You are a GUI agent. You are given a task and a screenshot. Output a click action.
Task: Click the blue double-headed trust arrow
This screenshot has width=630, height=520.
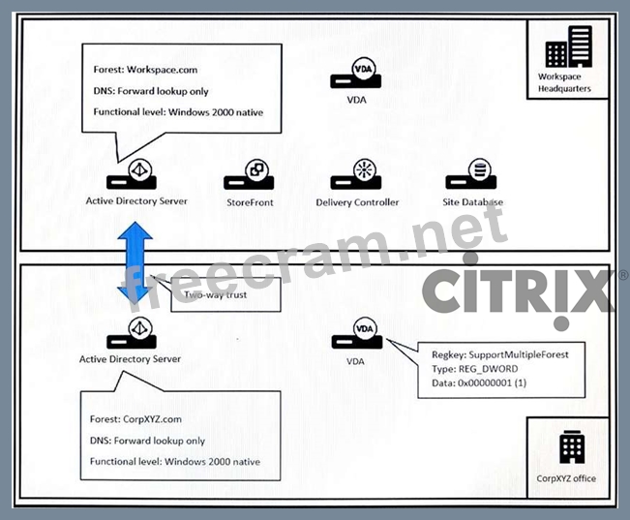click(x=136, y=263)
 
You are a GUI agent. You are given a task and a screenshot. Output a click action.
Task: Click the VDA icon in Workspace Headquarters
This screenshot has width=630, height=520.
click(x=356, y=76)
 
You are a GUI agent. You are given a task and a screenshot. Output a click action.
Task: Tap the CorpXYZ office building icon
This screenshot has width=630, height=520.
click(x=567, y=447)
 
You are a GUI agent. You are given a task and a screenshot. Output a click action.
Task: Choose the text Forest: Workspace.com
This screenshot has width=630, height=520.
click(x=146, y=70)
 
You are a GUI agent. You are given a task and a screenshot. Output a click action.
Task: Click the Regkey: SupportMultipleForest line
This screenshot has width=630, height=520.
click(x=500, y=354)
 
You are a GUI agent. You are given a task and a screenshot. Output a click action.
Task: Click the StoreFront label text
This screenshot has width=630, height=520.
click(x=251, y=201)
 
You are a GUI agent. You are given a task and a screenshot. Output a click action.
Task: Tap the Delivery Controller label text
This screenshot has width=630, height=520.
click(x=357, y=202)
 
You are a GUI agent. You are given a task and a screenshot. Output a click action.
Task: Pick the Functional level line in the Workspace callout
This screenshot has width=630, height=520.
click(x=179, y=112)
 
